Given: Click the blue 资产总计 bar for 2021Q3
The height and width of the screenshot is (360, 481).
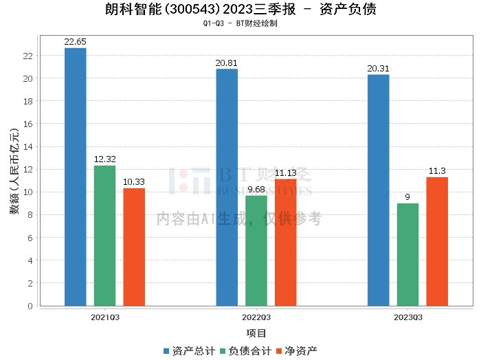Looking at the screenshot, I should tap(76, 177).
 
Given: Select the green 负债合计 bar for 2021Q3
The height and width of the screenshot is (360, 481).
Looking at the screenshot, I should tap(104, 236).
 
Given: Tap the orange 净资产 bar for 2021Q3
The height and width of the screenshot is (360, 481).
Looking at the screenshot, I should tap(134, 247).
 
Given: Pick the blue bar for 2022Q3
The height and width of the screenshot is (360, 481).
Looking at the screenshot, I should tap(227, 188).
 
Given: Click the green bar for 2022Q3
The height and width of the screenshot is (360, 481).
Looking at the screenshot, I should tap(256, 251).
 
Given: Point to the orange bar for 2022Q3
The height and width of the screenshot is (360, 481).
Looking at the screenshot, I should tap(286, 243).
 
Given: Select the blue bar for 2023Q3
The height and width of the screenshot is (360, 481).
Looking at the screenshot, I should tap(379, 190).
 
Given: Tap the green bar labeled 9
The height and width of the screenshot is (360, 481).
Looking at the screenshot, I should tap(407, 254).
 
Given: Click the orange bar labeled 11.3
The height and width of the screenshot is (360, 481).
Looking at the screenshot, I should tap(437, 241).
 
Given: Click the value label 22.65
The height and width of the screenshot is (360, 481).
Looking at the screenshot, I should tap(76, 42).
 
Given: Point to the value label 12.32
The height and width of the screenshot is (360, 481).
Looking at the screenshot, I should tap(104, 159).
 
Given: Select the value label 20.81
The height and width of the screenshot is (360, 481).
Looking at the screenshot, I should tap(227, 63).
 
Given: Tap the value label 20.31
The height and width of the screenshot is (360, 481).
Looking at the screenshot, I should tap(379, 69).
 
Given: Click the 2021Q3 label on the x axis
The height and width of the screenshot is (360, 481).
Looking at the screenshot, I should tap(105, 317).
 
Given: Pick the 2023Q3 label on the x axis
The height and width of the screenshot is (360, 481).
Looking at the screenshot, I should tap(408, 317).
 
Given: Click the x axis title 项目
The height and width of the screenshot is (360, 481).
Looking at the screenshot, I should tap(256, 333).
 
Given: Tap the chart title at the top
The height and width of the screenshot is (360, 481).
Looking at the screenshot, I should tap(240, 10).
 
